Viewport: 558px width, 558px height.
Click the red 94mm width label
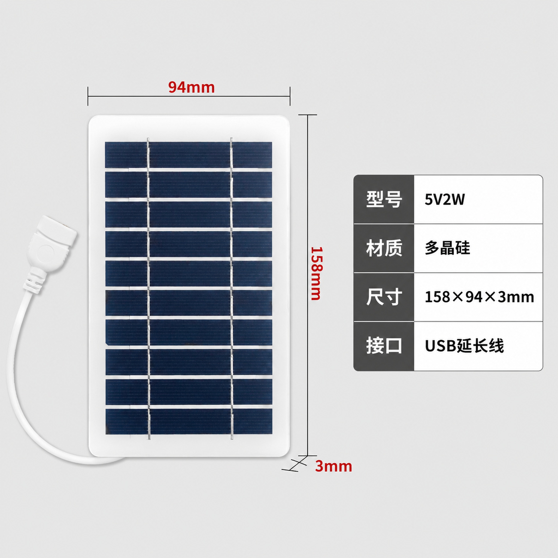[x=192, y=87]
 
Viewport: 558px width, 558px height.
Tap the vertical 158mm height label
[x=316, y=273]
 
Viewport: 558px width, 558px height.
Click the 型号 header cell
[x=384, y=199]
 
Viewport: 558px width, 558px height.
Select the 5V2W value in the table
[x=445, y=199]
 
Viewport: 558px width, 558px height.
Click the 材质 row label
[x=384, y=248]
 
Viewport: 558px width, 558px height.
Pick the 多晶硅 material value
[x=447, y=248]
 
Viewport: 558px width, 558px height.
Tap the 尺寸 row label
[x=384, y=297]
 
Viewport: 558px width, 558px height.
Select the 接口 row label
[x=384, y=345]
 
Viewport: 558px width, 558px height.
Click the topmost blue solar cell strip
[x=188, y=154]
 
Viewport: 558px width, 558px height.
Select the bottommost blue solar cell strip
[x=189, y=421]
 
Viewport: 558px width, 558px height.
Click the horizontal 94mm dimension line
[x=189, y=96]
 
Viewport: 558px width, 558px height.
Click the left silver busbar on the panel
[x=148, y=289]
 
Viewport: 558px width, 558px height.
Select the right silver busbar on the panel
[x=232, y=289]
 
